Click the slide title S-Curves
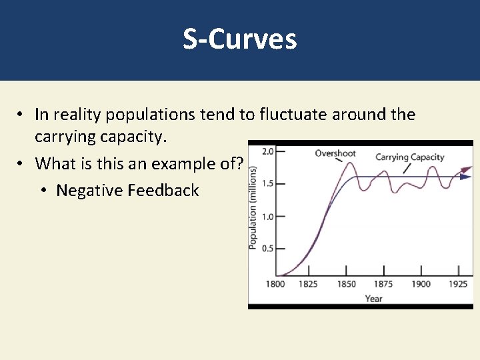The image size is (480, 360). pos(240,40)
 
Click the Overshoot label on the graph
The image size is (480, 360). pos(335,153)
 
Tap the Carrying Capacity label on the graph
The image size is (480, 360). pos(409,157)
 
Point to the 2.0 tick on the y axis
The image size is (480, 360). pos(267,151)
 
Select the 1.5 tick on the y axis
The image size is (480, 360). pos(267,183)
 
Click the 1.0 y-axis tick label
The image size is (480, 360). pos(267,216)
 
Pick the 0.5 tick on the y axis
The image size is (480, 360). pos(267,249)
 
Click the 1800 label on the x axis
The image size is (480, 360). pos(275,285)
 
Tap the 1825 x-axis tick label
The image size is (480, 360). pos(309,285)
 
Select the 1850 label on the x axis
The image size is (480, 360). pos(345,285)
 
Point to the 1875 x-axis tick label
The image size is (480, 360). pos(383,285)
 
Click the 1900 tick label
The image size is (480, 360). pos(420,285)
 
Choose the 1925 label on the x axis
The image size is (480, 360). pos(457,285)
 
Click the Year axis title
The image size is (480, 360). pos(374,298)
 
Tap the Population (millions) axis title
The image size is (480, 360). pos(253,209)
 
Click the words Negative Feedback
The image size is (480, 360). pos(127,191)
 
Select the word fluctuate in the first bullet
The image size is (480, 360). pos(289,115)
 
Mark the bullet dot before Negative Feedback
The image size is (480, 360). pos(43,191)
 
